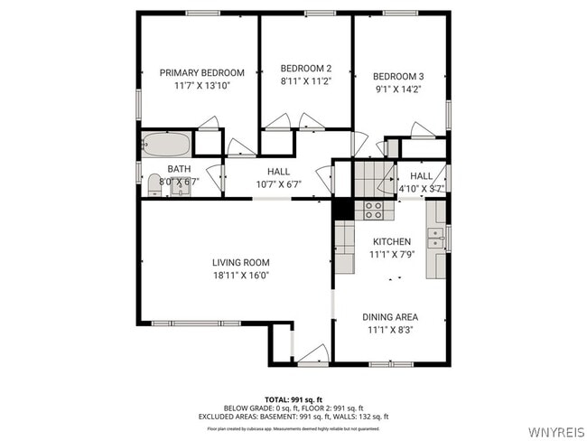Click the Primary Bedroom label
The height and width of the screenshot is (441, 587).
202,72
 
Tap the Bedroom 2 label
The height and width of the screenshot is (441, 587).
305,68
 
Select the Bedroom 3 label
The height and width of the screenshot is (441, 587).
397,76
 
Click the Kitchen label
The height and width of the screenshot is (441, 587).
392,241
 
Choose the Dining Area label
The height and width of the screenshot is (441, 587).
390,317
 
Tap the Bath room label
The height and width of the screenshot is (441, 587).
179,169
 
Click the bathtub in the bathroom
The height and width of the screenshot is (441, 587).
167,145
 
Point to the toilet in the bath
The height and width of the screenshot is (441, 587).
154,185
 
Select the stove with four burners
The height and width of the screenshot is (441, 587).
373,211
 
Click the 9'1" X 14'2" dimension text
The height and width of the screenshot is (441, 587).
397,89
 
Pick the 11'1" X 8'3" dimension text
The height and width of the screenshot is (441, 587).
390,330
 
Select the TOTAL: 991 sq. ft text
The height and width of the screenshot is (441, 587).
293,399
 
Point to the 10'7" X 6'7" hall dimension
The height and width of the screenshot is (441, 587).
278,183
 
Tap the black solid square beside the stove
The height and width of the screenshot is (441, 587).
343,208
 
